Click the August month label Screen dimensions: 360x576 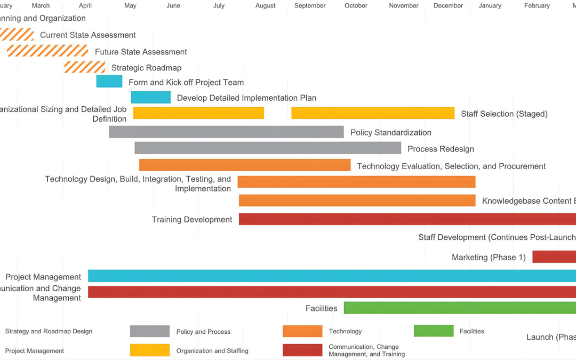[x=266, y=6]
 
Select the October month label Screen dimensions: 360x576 [x=356, y=6]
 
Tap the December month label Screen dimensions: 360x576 [x=448, y=6]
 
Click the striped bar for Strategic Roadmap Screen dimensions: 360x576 [x=85, y=67]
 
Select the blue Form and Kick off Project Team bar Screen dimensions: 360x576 [x=109, y=82]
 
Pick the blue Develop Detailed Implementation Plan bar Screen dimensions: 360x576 [x=151, y=97]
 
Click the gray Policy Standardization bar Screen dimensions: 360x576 [x=227, y=132]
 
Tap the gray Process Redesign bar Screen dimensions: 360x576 [x=268, y=148]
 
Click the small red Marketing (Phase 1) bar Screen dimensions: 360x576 [x=554, y=257]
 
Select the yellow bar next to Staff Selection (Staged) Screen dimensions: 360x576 [x=373, y=113]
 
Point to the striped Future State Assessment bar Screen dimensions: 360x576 [x=47, y=51]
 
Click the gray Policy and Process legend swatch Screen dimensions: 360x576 [x=150, y=331]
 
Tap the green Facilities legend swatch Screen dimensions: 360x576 [x=434, y=331]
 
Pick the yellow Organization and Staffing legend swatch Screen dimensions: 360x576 [x=150, y=350]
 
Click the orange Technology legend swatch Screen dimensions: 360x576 [x=302, y=331]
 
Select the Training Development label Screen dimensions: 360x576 [x=192, y=219]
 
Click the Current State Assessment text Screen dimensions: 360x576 [x=88, y=35]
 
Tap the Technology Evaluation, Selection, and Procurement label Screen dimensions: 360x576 [x=451, y=166]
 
